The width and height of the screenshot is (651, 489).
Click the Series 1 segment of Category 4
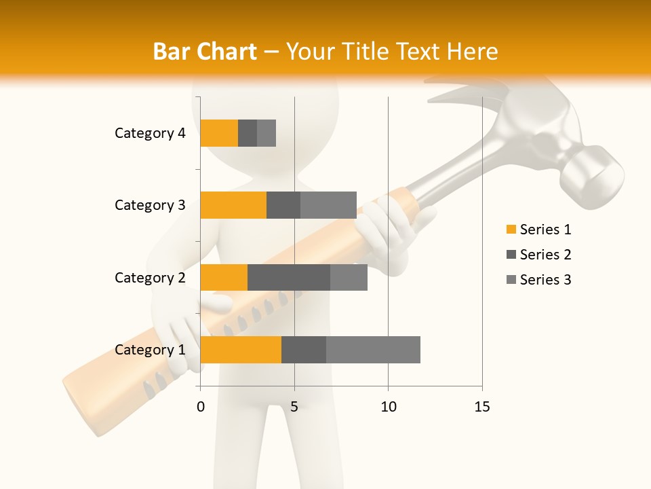219,133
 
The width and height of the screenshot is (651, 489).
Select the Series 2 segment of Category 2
289,277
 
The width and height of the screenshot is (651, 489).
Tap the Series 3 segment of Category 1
373,349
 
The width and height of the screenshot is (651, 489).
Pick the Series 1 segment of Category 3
233,205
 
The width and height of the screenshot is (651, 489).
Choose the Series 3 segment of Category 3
328,205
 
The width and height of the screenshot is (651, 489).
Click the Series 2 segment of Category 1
304,349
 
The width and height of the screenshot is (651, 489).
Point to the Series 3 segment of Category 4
267,133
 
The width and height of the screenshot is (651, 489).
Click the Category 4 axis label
150,133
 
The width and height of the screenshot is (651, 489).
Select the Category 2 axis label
150,277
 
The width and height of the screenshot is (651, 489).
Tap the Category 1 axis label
150,349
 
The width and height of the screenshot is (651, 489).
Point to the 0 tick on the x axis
201,407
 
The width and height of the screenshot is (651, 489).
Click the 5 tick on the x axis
294,407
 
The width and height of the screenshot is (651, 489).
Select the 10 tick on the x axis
388,407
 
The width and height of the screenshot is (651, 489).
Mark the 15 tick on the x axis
482,407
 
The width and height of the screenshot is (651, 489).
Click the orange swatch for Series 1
511,230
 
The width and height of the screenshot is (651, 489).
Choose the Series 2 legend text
545,255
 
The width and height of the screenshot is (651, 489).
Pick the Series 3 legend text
545,280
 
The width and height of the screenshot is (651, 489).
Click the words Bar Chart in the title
205,52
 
